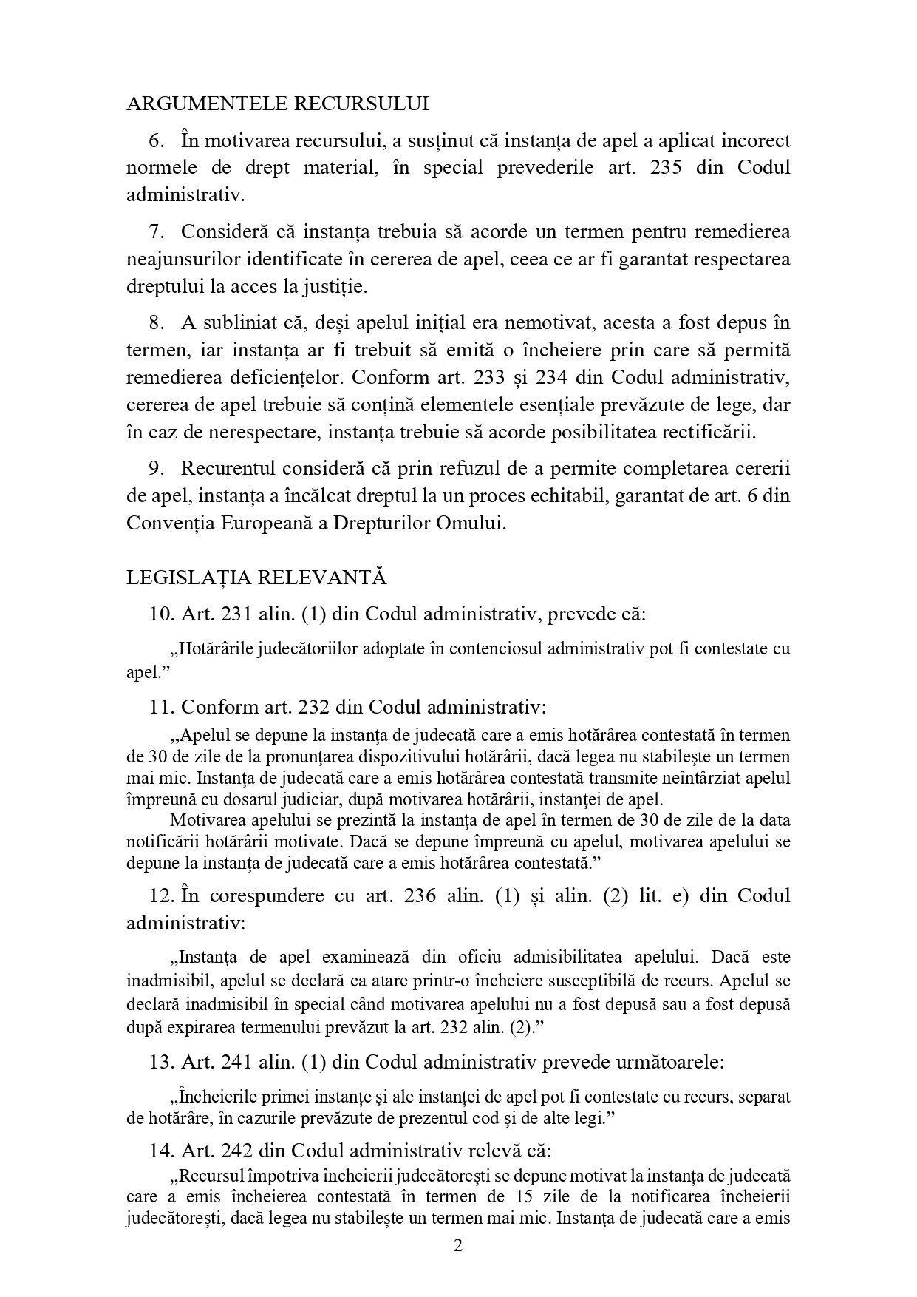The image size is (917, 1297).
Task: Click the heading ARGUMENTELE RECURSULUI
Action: (277, 104)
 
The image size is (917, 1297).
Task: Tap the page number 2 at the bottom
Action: (457, 1246)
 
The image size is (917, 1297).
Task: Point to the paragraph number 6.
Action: (155, 140)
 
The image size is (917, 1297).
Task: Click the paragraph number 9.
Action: (155, 469)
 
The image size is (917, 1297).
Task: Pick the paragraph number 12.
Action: (160, 895)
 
